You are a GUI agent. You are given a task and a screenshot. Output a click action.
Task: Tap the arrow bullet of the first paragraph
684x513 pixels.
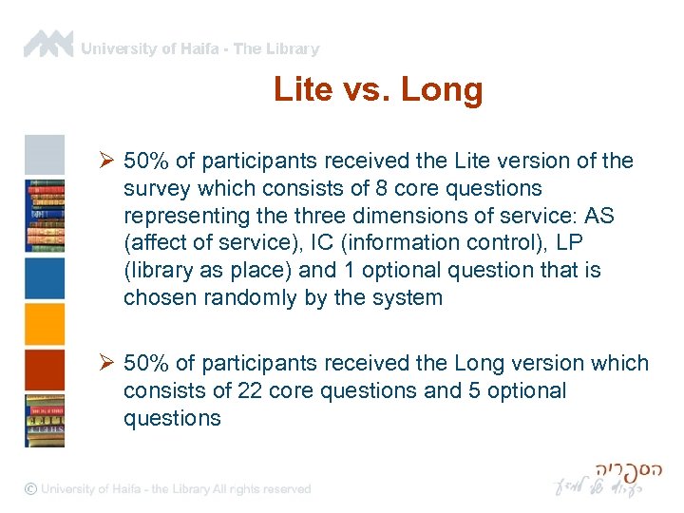click(107, 161)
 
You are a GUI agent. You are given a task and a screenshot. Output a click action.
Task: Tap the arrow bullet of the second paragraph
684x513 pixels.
click(107, 364)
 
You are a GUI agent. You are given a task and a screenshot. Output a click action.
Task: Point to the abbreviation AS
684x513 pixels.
click(600, 217)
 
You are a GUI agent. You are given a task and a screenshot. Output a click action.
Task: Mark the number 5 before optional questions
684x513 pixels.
click(474, 391)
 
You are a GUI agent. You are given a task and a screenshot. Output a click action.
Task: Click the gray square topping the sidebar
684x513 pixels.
click(44, 154)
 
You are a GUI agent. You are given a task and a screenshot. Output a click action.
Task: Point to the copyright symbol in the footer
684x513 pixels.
click(31, 488)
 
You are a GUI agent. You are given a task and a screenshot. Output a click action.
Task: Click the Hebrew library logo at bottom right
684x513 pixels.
click(607, 480)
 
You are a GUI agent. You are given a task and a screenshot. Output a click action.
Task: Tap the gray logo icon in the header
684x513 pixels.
click(48, 44)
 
